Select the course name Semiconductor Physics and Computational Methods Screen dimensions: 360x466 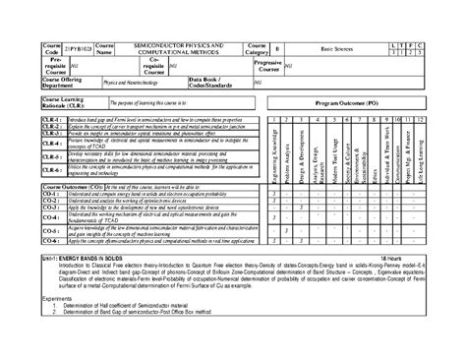click(x=185, y=47)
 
